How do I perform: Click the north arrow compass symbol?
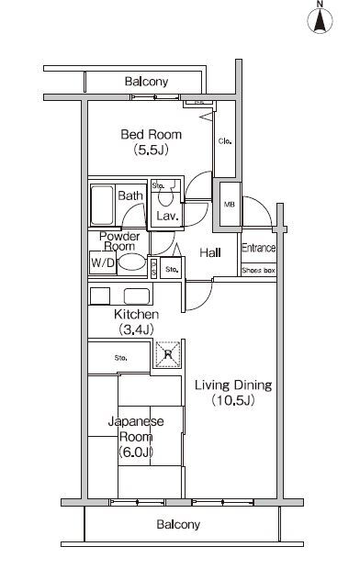[321, 18]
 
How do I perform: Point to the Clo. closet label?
[224, 141]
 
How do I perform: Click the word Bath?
[129, 195]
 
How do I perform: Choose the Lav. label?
[166, 217]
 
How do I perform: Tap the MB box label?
[229, 204]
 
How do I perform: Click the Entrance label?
[259, 249]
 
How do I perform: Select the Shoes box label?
[258, 271]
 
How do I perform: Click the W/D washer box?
[101, 263]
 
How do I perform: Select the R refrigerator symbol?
[166, 351]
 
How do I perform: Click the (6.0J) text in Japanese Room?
[135, 452]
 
